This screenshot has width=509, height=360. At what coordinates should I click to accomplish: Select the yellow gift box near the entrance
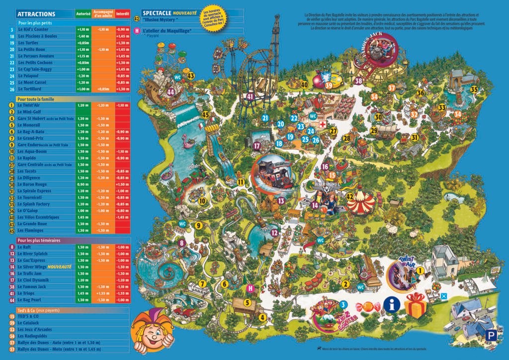coord(416,306)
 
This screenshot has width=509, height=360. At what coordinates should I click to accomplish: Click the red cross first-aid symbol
coord(322,124)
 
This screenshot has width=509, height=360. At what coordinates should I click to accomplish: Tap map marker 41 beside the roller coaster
coord(250,96)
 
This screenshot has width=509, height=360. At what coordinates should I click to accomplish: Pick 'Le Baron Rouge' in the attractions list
coord(31,184)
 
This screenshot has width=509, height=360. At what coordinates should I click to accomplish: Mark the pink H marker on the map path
coord(251,288)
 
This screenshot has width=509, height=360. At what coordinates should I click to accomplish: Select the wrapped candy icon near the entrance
coord(370,306)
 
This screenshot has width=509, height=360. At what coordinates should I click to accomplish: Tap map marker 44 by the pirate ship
coord(171,92)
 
